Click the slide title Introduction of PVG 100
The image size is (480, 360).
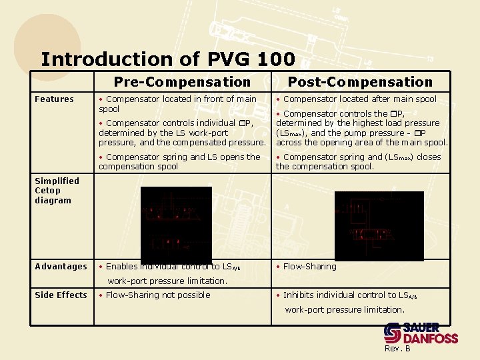click(167, 59)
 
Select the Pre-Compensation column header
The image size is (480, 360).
click(182, 82)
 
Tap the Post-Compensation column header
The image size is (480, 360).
click(360, 82)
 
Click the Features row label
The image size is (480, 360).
click(54, 99)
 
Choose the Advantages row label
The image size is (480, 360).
click(61, 267)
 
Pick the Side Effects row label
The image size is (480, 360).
click(61, 295)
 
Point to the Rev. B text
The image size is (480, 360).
click(397, 349)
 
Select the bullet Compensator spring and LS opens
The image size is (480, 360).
click(179, 161)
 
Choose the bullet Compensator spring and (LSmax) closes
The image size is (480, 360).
click(358, 161)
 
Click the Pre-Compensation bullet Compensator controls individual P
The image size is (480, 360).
click(181, 132)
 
